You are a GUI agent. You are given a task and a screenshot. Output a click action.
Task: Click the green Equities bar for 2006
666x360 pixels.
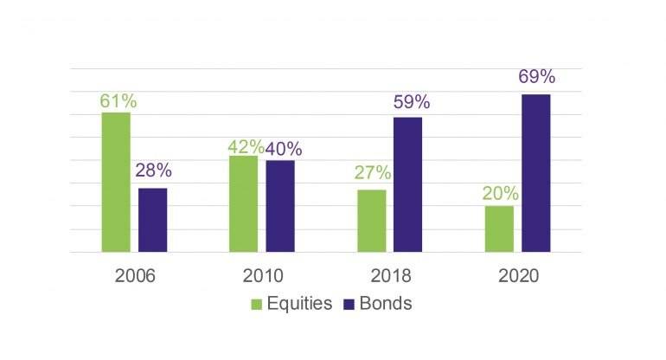116,182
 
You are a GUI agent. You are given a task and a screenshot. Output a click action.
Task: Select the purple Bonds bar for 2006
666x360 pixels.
153,220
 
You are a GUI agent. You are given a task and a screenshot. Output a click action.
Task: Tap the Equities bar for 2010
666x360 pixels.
243,204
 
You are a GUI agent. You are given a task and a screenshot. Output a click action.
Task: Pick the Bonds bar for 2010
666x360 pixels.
280,206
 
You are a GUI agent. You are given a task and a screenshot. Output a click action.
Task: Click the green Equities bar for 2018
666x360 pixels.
372,221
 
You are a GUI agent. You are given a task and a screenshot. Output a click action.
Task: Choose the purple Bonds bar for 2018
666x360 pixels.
408,184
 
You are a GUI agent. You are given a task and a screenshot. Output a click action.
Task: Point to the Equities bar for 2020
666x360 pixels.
499,228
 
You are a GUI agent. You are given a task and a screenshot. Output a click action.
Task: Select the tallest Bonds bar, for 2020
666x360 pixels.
536,173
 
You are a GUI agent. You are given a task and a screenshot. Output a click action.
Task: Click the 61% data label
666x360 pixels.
118,101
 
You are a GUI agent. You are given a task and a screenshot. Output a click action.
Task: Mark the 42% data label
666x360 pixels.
246,146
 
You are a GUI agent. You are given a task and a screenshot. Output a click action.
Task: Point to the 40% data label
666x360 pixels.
284,148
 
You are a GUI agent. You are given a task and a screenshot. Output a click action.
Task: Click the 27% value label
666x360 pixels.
372,173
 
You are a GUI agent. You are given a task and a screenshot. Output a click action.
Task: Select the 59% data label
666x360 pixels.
411,103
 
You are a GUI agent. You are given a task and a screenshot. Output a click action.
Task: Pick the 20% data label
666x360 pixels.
500,193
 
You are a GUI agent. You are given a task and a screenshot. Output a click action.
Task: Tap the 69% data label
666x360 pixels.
536,77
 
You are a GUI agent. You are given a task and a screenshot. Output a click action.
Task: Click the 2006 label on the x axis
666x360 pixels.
134,276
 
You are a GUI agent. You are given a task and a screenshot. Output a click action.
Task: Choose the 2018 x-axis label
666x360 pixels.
390,276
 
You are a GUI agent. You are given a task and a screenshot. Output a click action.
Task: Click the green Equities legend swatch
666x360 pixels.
257,305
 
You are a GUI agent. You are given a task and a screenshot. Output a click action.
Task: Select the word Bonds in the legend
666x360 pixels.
385,305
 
